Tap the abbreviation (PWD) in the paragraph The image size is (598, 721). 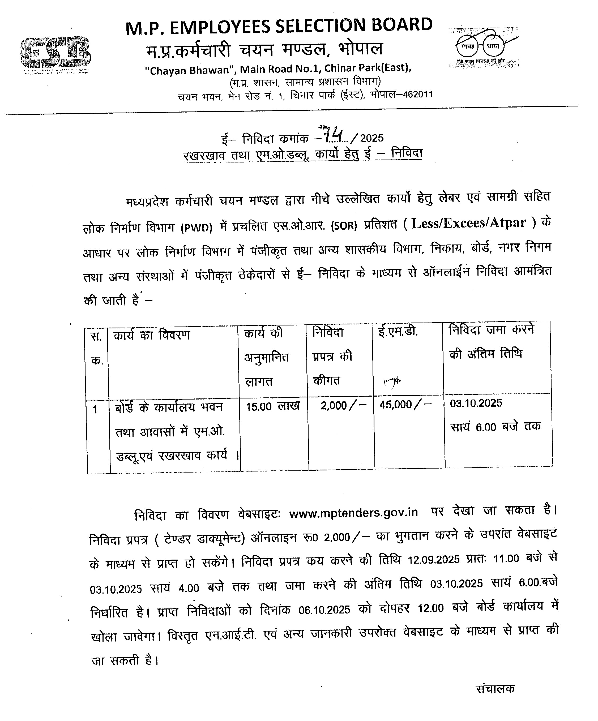[x=197, y=228]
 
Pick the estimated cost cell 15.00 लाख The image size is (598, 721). [x=272, y=406]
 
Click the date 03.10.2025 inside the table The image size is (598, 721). [x=476, y=403]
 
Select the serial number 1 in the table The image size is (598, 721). [x=95, y=410]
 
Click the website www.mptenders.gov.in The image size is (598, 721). [x=353, y=513]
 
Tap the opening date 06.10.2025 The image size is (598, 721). [x=324, y=610]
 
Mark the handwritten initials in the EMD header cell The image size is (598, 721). [x=392, y=381]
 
